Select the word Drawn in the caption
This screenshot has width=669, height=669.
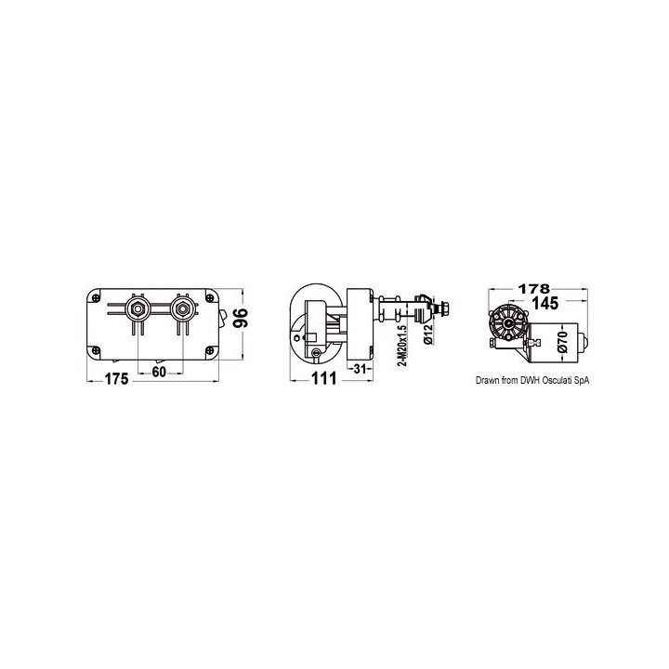(x=490, y=379)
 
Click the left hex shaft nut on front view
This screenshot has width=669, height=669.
(x=137, y=309)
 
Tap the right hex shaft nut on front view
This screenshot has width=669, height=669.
(x=183, y=309)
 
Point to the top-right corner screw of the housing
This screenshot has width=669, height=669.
(x=209, y=297)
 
